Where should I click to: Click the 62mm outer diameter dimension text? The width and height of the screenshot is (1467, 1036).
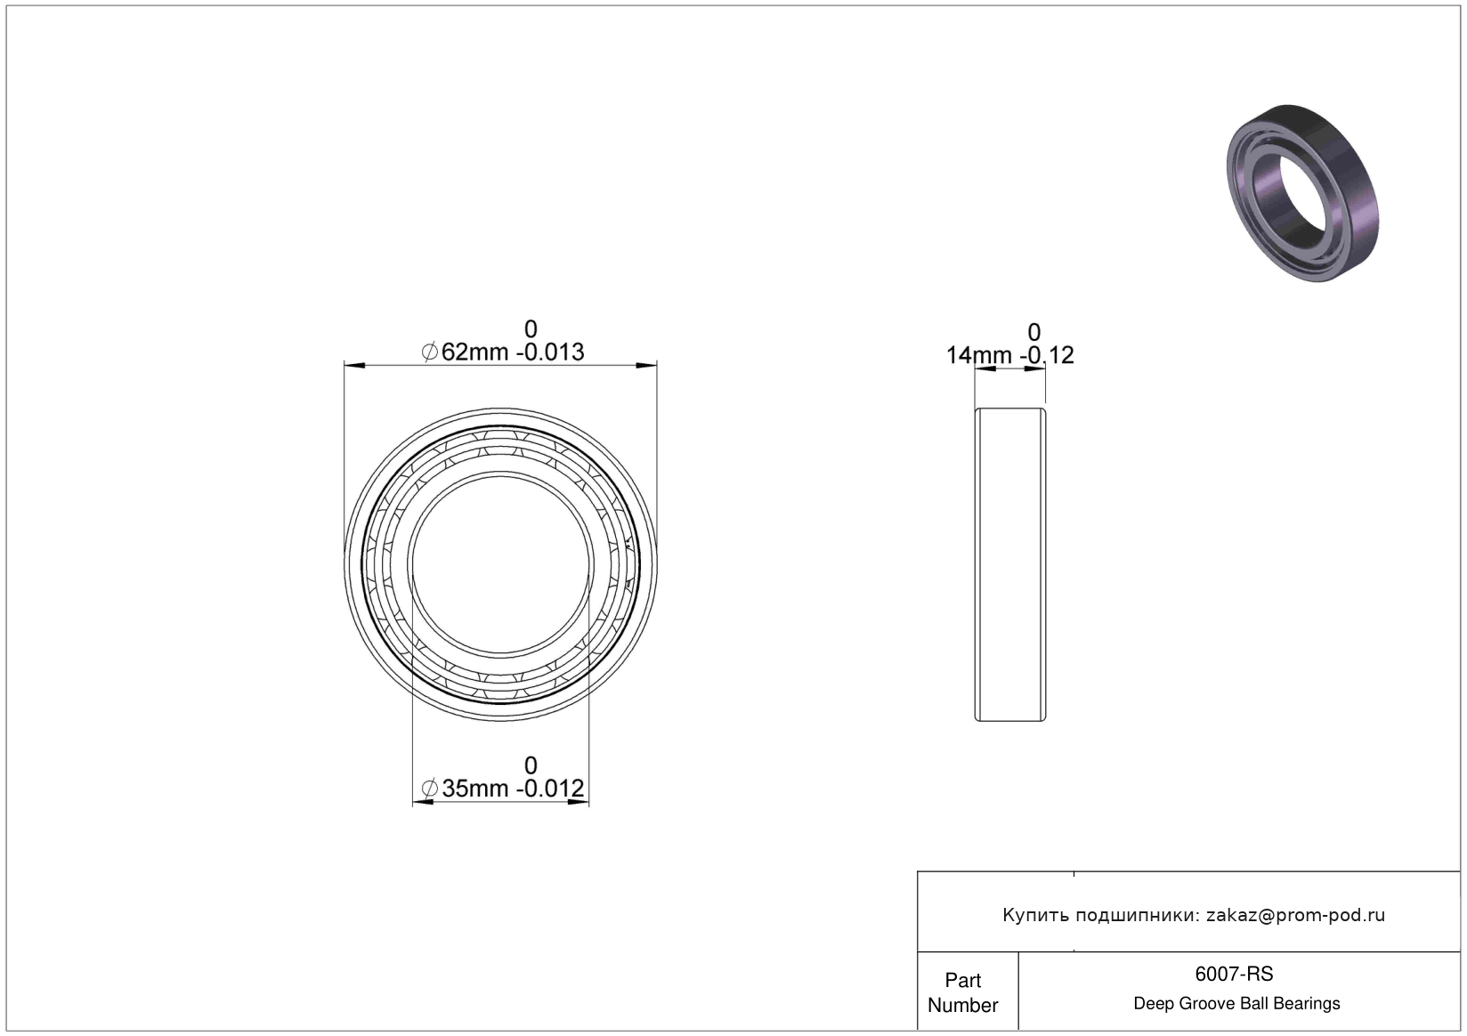[474, 352]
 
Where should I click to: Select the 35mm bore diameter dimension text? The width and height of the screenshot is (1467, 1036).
[475, 789]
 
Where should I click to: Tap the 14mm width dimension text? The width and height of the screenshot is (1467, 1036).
[979, 356]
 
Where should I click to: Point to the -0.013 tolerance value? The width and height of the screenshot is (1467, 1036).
[550, 352]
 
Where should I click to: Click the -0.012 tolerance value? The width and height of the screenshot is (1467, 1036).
[550, 789]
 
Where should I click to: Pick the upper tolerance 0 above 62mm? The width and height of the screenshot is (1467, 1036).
[531, 328]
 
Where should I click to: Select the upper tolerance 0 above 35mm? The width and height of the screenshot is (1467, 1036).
[531, 765]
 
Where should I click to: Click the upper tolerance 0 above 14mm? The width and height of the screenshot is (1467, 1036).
[1034, 332]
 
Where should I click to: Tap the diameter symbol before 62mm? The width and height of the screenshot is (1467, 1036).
[430, 352]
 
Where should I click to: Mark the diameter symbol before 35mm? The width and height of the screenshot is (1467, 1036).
[430, 789]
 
